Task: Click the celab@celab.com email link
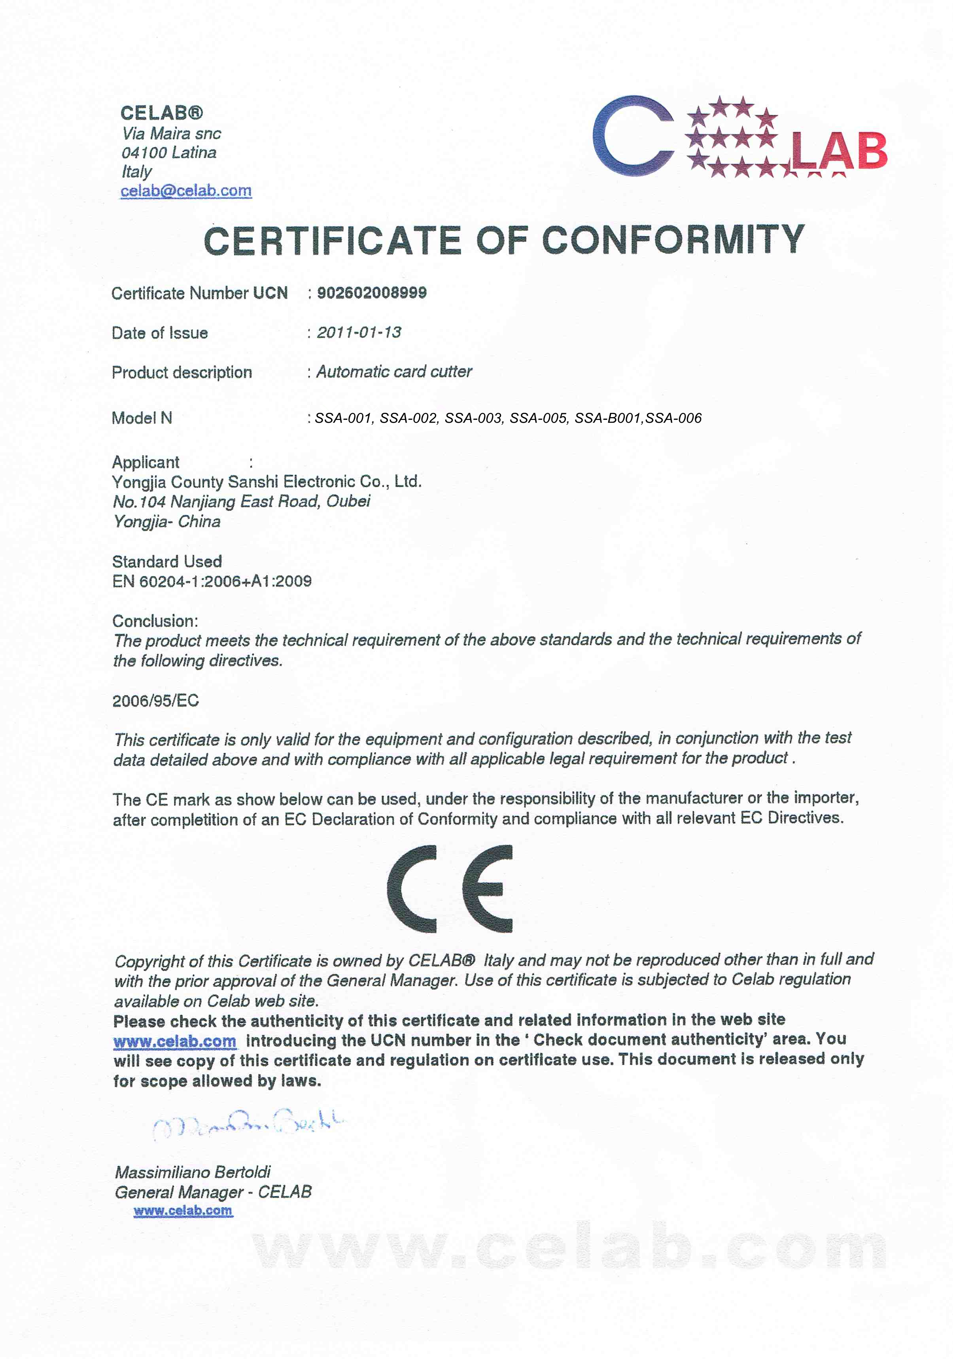tap(186, 191)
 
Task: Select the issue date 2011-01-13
tap(359, 332)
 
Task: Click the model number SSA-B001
tap(607, 418)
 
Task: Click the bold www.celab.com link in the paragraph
tap(175, 1041)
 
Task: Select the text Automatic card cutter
tap(393, 372)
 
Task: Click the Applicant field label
tap(146, 462)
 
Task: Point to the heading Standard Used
tap(167, 561)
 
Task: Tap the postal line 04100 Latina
tap(169, 153)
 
